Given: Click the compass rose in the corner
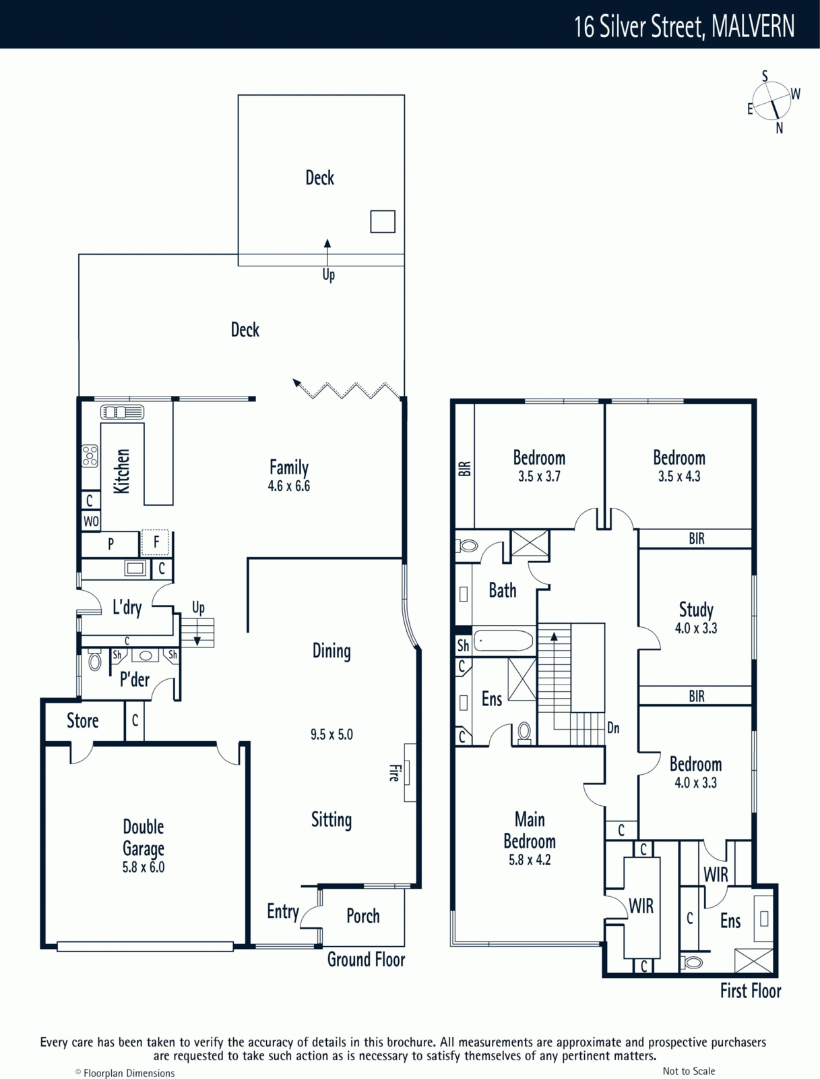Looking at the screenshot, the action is tap(772, 101).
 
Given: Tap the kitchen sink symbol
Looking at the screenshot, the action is tap(122, 411).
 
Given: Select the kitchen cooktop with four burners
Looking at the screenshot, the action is tap(90, 456).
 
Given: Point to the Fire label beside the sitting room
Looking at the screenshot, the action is tap(393, 772).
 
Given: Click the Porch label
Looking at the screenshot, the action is tap(363, 916).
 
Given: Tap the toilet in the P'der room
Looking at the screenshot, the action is tap(94, 661).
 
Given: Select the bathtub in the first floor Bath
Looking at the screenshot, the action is tap(504, 641).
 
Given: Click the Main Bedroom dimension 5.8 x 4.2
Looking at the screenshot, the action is tap(530, 860).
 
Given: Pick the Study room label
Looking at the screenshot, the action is tap(696, 610).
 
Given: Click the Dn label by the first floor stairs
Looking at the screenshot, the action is tap(613, 728).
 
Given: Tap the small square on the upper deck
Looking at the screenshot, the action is tap(383, 221).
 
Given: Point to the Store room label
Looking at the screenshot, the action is tap(82, 721).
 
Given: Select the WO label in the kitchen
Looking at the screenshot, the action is tap(91, 521).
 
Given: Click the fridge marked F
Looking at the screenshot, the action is tap(155, 542).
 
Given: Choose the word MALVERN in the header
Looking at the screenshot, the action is tap(753, 26).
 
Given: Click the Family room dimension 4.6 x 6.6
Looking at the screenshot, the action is tap(289, 486).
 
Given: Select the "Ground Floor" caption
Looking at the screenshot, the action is tap(367, 959).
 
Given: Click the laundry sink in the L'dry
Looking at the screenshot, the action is tap(135, 568).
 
